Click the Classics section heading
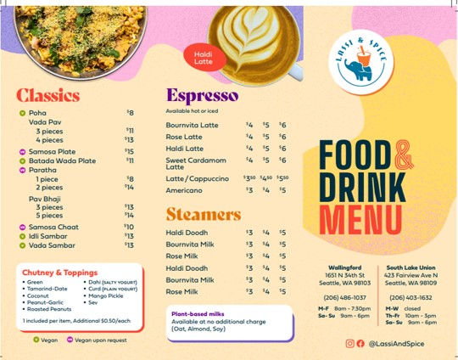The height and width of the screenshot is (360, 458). click(47, 94)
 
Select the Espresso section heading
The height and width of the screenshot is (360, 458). click(202, 94)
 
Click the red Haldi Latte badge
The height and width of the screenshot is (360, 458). click(204, 59)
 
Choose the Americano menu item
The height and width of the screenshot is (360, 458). click(185, 190)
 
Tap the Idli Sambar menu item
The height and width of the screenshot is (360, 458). click(52, 236)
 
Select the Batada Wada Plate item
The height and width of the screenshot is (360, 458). click(62, 160)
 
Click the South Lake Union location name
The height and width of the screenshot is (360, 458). click(411, 267)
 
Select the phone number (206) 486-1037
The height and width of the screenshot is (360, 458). click(344, 298)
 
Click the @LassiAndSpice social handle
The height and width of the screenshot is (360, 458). click(403, 343)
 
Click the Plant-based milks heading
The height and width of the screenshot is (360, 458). click(199, 313)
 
